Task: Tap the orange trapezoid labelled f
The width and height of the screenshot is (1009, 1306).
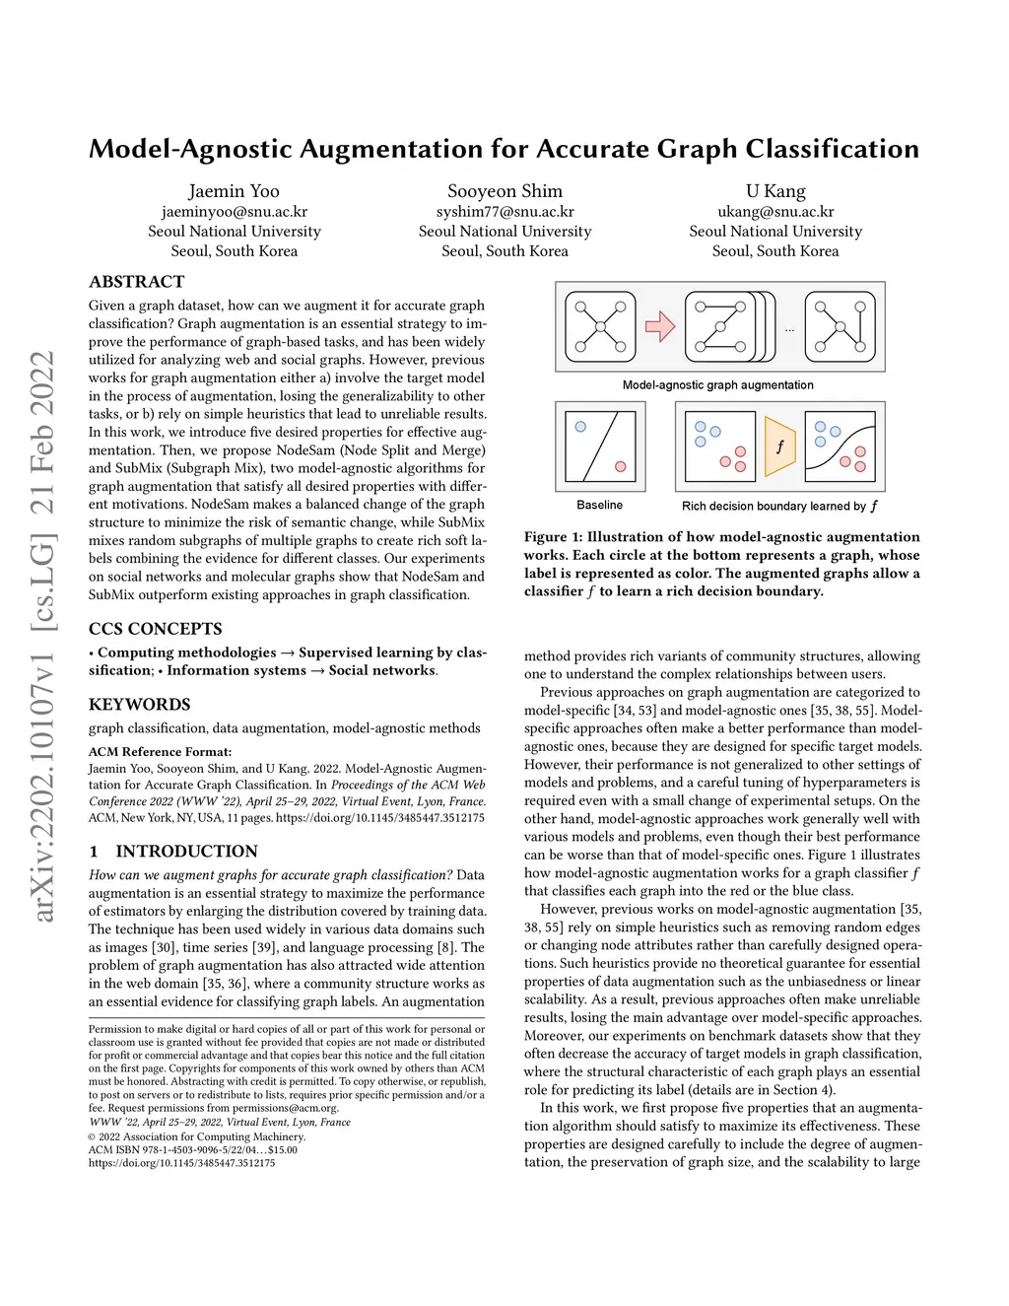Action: tap(779, 447)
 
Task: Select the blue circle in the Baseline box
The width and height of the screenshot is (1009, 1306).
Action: tap(580, 427)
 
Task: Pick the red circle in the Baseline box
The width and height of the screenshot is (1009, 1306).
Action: tap(621, 466)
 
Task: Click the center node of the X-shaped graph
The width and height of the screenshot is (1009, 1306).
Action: tap(600, 326)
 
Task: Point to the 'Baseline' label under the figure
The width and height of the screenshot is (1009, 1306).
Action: tap(599, 505)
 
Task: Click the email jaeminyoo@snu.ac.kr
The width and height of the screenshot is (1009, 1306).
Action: tap(235, 211)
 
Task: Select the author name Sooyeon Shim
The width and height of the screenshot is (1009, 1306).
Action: tap(504, 191)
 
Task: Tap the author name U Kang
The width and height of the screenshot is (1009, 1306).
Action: tap(775, 191)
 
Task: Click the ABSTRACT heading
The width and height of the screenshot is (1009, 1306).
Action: tap(137, 282)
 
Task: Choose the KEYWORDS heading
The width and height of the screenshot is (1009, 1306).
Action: tap(140, 705)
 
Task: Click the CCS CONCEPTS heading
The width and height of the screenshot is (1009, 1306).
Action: tap(156, 629)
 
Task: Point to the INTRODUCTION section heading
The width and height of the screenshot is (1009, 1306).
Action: tap(186, 852)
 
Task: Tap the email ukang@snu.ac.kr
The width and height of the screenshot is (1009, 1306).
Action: tap(775, 211)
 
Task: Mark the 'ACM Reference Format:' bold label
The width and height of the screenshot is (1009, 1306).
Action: tap(161, 751)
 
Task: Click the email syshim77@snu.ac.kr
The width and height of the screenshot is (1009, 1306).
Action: tap(504, 211)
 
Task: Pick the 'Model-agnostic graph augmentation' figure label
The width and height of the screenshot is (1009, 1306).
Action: tap(717, 384)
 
